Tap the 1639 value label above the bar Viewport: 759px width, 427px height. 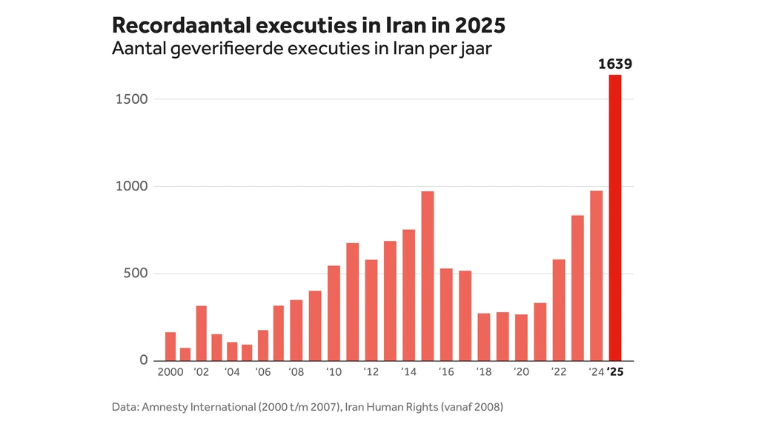(x=614, y=64)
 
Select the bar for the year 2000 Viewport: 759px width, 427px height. (x=170, y=346)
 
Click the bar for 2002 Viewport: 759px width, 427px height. (x=201, y=333)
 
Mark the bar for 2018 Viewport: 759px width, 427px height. (x=484, y=337)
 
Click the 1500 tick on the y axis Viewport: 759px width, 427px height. (x=132, y=99)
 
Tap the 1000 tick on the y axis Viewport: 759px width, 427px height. (x=132, y=187)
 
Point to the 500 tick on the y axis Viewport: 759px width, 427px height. (x=136, y=274)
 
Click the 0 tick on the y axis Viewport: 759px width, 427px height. (x=144, y=360)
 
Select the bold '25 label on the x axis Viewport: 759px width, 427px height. (x=615, y=372)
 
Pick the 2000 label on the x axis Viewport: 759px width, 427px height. (x=170, y=372)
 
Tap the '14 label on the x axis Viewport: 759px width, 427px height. (x=408, y=372)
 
